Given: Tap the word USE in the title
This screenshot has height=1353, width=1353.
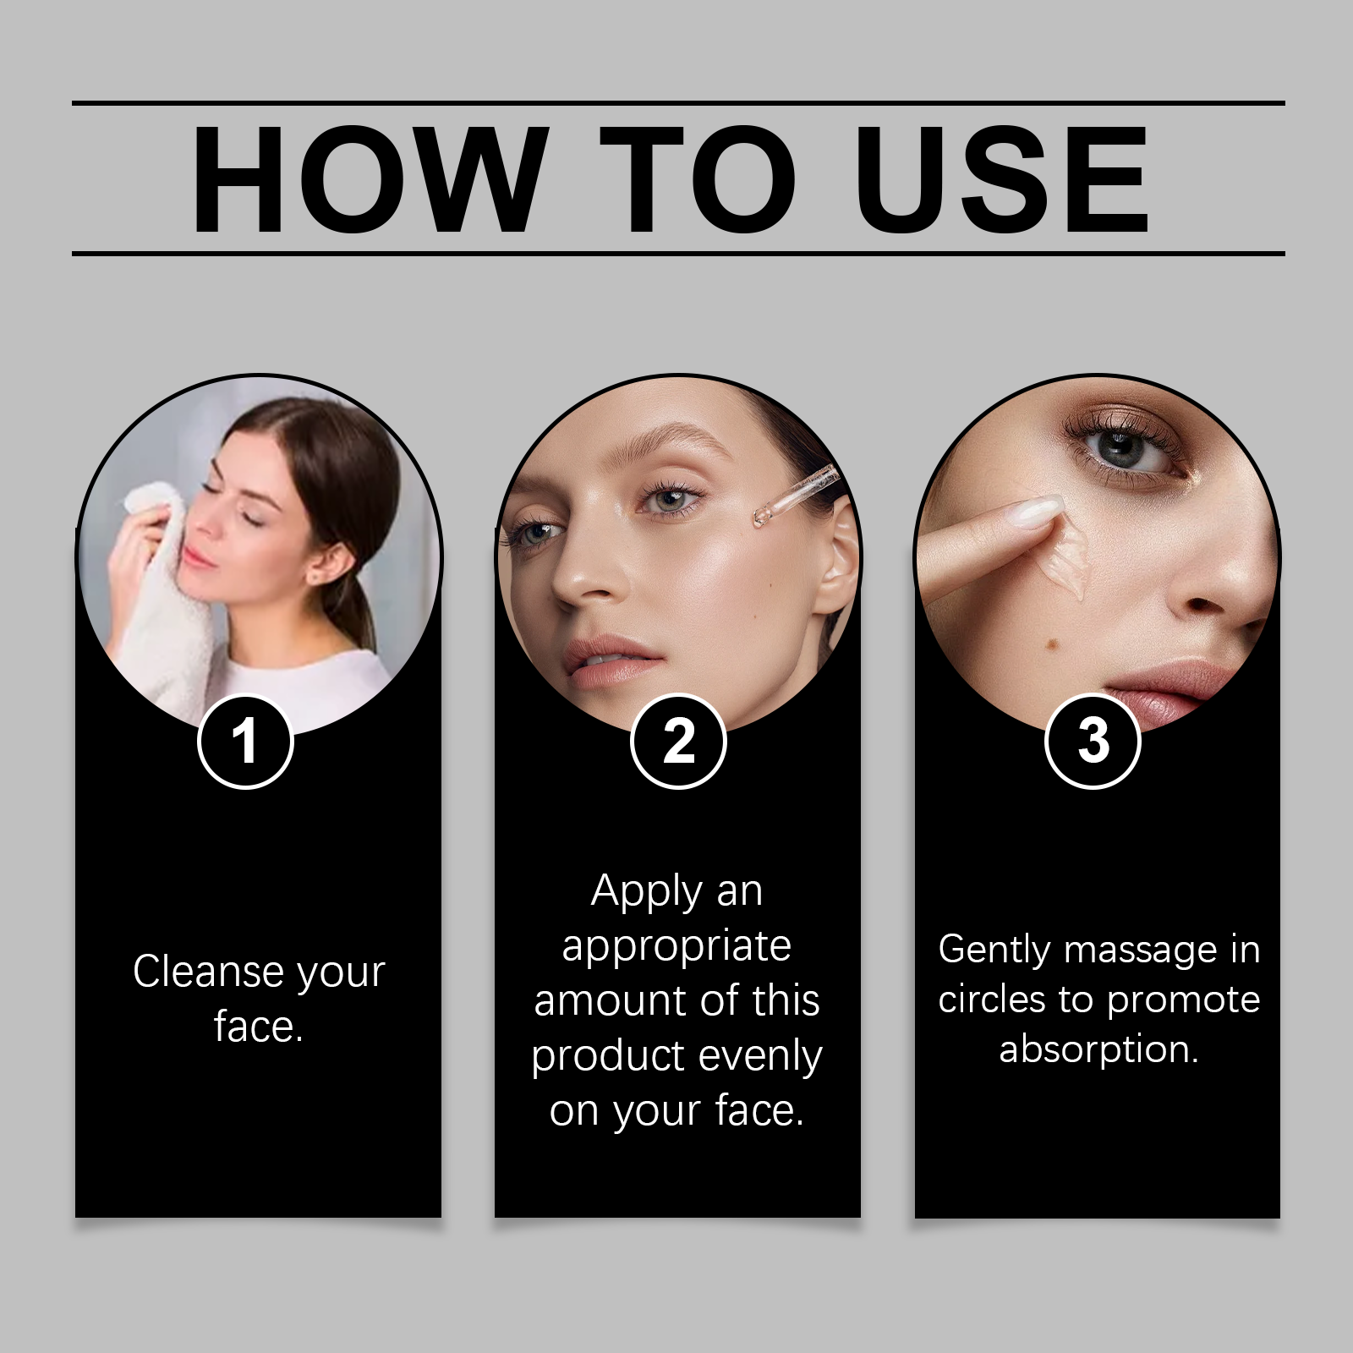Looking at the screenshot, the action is tap(1001, 178).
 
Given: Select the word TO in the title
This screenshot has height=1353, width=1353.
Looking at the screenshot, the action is tap(698, 178).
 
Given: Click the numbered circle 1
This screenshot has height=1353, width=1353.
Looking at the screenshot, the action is tap(245, 741).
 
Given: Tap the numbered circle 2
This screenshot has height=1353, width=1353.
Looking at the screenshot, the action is tap(678, 741).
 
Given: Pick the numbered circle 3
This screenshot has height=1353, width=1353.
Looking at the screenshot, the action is tap(1093, 741).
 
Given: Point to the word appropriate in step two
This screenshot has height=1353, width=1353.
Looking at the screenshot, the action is tap(676, 947).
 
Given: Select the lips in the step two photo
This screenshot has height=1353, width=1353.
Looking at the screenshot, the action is tap(610, 662).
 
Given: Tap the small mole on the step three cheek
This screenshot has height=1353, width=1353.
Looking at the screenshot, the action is tap(1054, 645).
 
